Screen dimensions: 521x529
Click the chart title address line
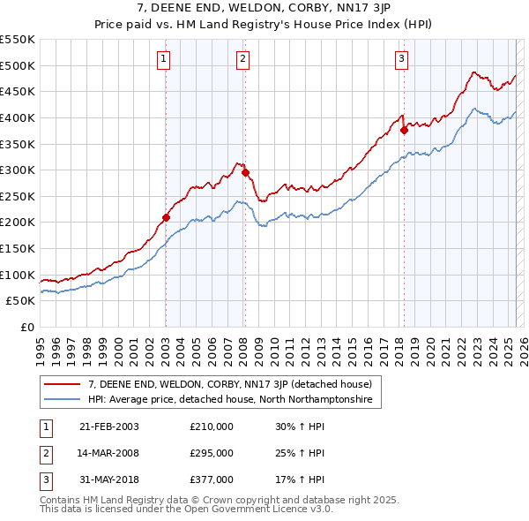(x=264, y=9)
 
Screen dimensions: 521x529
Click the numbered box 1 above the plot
(x=165, y=59)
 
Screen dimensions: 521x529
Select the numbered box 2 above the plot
(x=242, y=59)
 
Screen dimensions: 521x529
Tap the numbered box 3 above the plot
(x=401, y=59)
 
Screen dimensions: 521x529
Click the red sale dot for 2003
(x=166, y=216)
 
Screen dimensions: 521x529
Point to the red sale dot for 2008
(x=245, y=172)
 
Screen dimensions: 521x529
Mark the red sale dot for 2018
(x=404, y=130)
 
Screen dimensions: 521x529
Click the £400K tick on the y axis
(x=18, y=117)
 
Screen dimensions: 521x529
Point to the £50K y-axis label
(x=20, y=300)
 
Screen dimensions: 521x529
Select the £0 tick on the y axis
(x=26, y=327)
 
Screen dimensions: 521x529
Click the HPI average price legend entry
(x=229, y=400)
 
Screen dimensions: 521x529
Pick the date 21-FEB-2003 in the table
(x=108, y=427)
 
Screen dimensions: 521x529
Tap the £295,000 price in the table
(x=211, y=453)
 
